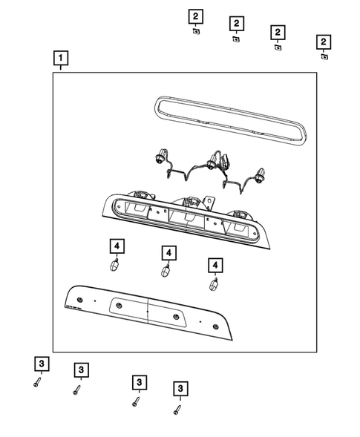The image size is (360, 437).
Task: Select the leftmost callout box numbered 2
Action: pos(194,16)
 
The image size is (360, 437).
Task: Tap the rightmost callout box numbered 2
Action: pos(324,41)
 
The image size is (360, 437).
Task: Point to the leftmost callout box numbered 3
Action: pos(42,364)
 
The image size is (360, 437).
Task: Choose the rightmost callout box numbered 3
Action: pos(179,388)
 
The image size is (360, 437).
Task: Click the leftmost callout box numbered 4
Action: pos(117,246)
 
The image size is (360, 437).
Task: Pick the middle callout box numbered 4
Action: pos(169,254)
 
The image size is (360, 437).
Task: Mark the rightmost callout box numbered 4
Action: pos(215,265)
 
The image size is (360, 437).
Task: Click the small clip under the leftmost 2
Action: pos(194,32)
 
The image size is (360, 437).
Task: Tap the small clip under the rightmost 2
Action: pos(324,56)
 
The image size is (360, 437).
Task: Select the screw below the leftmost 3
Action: pos(37,382)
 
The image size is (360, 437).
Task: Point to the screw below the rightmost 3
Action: pos(176,409)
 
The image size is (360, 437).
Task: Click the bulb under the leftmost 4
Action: pos(115,264)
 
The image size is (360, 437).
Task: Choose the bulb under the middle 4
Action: pos(166,271)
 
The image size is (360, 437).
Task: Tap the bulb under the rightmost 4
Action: pos(214,283)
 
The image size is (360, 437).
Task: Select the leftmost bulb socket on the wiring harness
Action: pos(159,157)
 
